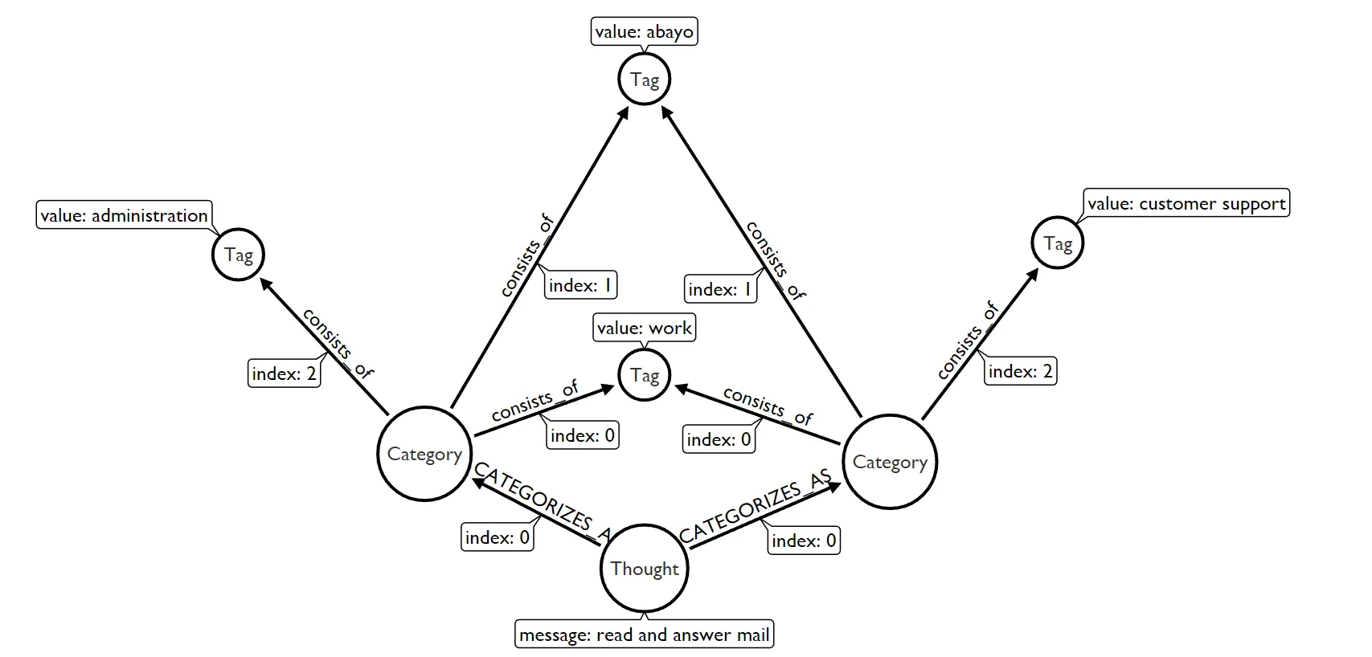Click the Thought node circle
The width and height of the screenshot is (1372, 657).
(x=644, y=569)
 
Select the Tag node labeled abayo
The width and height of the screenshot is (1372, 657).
(x=644, y=80)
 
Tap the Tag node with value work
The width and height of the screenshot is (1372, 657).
(x=644, y=375)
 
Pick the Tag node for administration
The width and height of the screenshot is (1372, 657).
(x=238, y=255)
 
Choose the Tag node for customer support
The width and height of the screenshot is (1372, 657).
(x=1057, y=243)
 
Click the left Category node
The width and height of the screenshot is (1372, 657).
(x=424, y=454)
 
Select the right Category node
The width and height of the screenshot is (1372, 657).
(x=890, y=462)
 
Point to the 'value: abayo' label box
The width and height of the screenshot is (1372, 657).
(x=644, y=32)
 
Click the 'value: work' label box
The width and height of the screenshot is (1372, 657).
(x=644, y=328)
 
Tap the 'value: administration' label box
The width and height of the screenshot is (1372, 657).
(x=125, y=215)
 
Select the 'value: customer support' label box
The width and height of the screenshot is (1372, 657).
(x=1186, y=203)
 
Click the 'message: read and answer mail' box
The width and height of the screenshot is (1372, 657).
(x=644, y=635)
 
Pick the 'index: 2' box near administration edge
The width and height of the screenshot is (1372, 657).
(x=284, y=373)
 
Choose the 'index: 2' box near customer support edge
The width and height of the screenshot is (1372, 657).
(x=1020, y=371)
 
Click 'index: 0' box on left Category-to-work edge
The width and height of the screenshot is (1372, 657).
(x=583, y=435)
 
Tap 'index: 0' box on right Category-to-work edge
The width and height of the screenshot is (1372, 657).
(x=719, y=439)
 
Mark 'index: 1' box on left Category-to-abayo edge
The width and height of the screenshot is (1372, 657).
(x=580, y=285)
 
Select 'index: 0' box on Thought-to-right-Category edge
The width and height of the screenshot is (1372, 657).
(x=804, y=541)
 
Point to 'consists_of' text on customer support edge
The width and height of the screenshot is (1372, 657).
(x=968, y=341)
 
